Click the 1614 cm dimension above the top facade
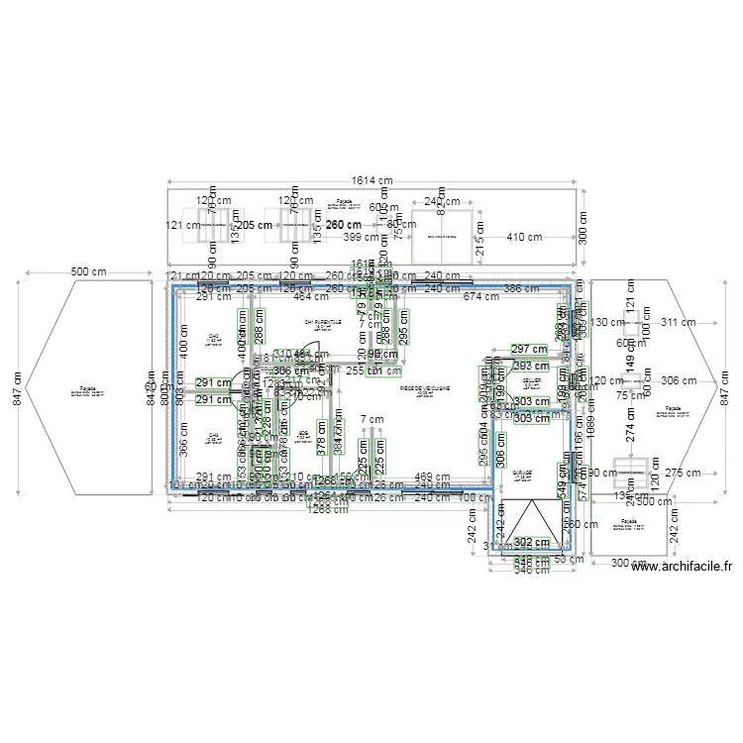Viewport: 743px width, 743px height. [372, 180]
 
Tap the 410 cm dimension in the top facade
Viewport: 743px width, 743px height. [525, 237]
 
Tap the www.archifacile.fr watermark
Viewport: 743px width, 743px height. [682, 567]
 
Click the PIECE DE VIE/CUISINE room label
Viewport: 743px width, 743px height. [424, 390]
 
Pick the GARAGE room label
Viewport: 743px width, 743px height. [523, 475]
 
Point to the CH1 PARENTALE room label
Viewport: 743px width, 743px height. [323, 322]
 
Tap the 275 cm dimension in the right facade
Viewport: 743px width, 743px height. [684, 474]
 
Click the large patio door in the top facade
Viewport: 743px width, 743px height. [441, 238]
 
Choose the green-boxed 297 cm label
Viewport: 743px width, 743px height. [529, 349]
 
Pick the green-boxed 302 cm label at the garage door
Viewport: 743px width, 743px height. [532, 542]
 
